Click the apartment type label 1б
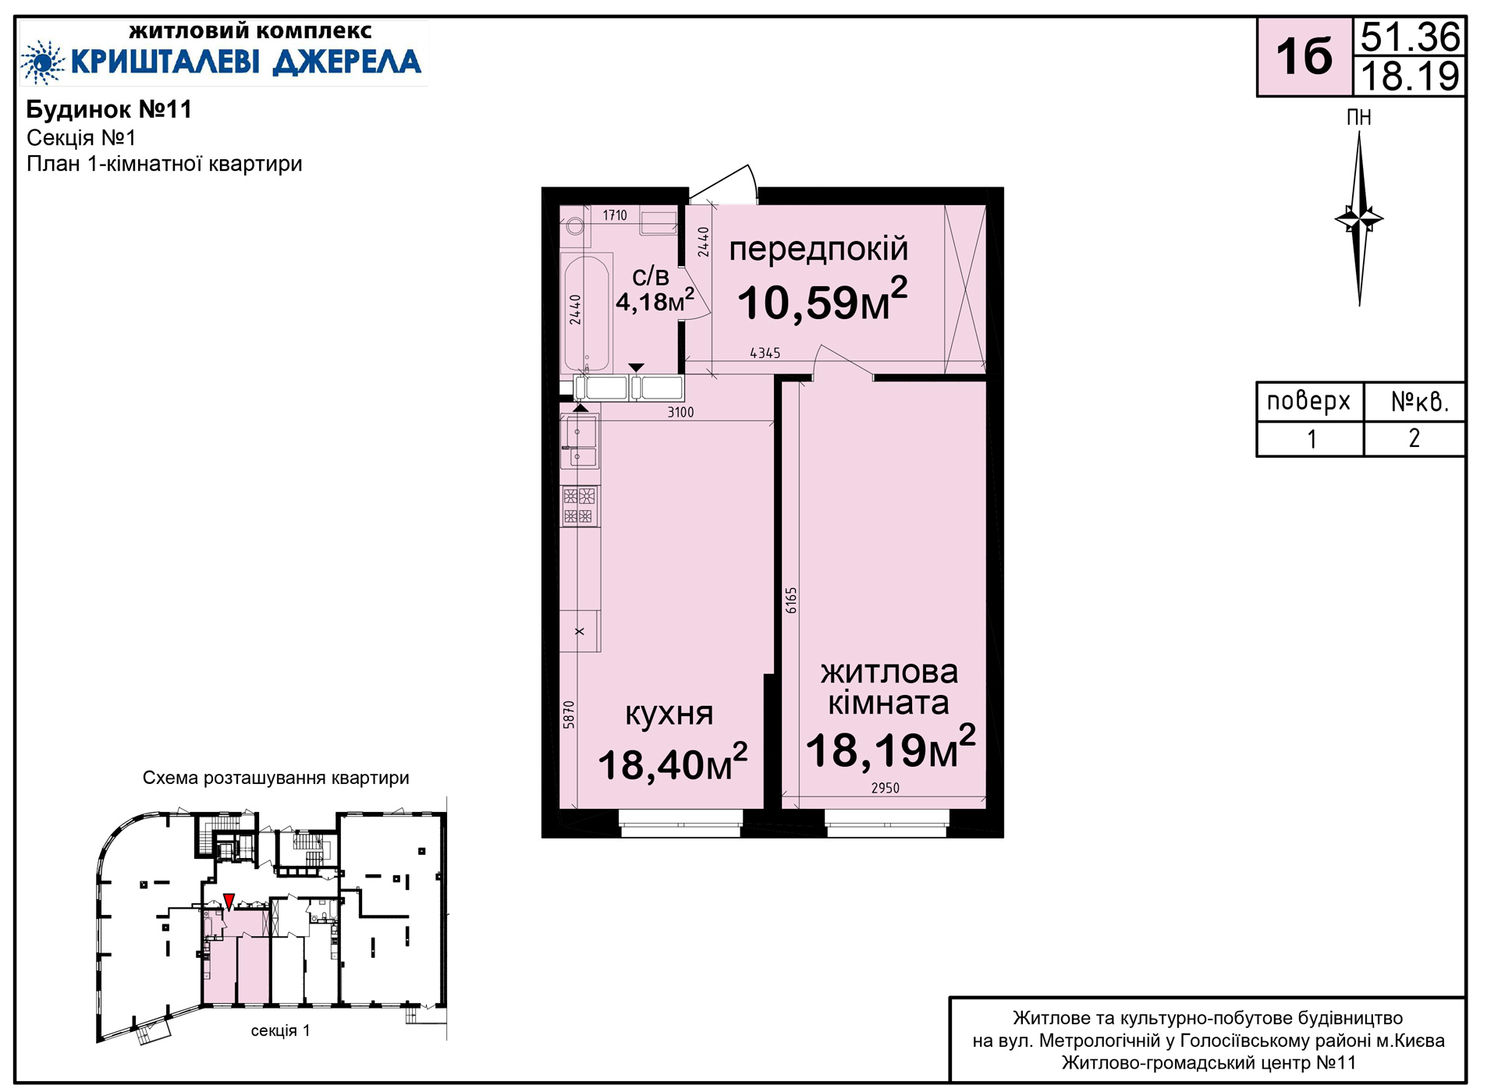coord(1304,57)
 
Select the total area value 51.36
coord(1410,37)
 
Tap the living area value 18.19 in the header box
coord(1410,76)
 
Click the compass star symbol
coord(1359,218)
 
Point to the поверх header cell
coord(1309,402)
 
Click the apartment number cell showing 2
coord(1414,438)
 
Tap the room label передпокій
coord(818,250)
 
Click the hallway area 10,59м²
coord(822,300)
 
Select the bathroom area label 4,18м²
coord(655,300)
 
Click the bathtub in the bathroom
coord(586,312)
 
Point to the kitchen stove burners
coord(579,505)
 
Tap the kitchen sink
coord(580,441)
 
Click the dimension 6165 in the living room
coord(791,600)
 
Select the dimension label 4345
coord(765,353)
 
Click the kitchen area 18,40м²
coord(673,763)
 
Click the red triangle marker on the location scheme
coord(229,902)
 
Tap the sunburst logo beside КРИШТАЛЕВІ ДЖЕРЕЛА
coord(42,62)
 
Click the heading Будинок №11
coord(109,109)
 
